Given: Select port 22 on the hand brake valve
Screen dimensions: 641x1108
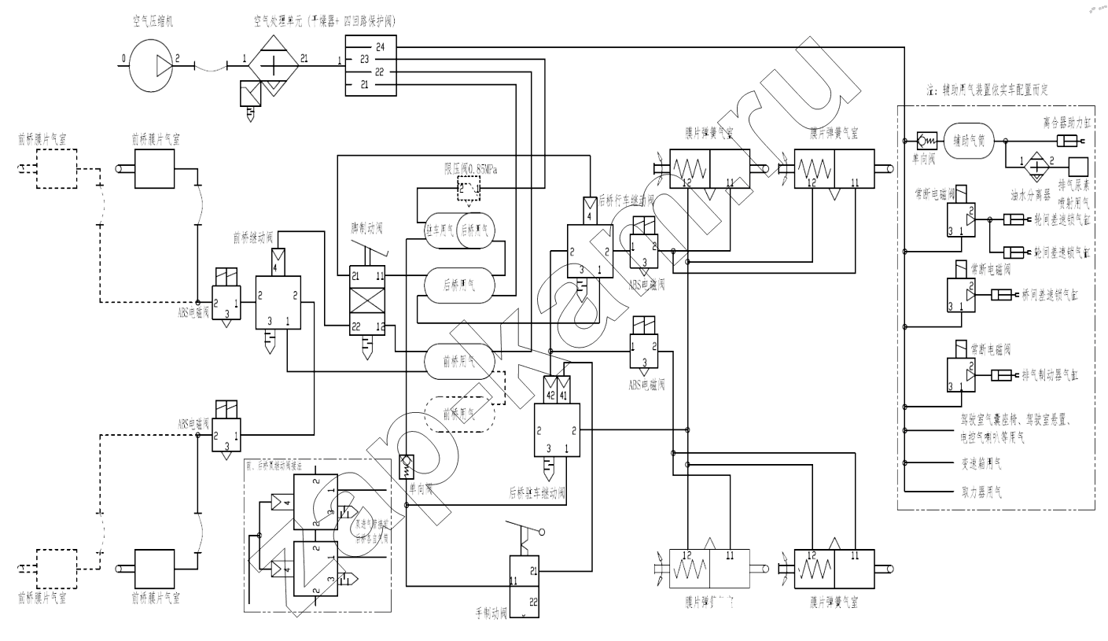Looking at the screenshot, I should [532, 602].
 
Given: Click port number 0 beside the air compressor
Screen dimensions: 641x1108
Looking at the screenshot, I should [123, 58].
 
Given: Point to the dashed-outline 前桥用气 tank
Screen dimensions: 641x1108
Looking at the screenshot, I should [460, 411].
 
